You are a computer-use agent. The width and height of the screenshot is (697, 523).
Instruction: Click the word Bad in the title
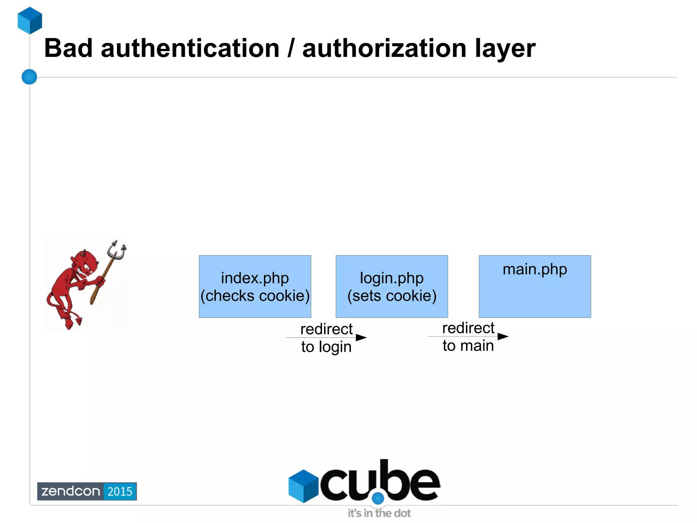pos(68,48)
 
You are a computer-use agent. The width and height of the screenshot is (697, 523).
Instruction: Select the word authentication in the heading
pos(190,48)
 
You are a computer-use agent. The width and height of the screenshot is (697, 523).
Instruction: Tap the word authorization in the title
pos(384,48)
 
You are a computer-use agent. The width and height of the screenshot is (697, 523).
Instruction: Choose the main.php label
pos(535,269)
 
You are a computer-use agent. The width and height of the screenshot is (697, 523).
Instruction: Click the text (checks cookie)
pos(255,296)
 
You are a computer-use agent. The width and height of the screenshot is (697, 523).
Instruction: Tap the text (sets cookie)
pos(392,296)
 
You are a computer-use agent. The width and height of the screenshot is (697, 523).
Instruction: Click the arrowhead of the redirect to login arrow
pos(361,337)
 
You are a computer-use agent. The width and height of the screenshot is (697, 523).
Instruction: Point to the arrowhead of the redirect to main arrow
pos(503,336)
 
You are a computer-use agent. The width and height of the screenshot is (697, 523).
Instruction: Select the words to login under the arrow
pos(326,347)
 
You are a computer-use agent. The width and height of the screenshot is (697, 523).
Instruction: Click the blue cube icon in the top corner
pos(30,20)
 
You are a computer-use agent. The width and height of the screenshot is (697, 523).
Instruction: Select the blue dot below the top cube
pos(29,77)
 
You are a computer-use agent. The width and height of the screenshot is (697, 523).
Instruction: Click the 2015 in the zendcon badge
pos(120,491)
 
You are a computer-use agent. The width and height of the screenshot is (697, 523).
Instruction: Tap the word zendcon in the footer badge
pos(70,491)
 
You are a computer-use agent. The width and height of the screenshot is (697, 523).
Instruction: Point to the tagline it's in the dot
pos(379,513)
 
